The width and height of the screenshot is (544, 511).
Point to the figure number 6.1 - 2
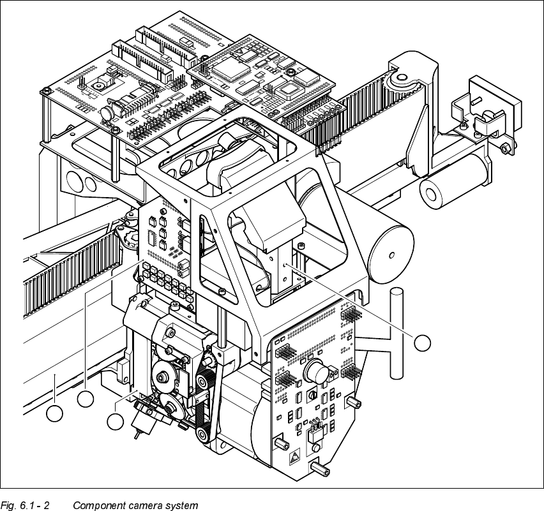(x=34, y=505)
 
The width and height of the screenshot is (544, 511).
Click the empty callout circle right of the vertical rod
(x=423, y=343)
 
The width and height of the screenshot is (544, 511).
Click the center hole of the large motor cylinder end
(x=391, y=255)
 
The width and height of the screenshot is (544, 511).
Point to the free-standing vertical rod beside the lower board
(x=397, y=333)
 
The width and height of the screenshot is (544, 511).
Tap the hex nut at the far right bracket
(x=505, y=149)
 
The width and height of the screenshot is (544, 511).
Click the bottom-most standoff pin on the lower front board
(x=321, y=470)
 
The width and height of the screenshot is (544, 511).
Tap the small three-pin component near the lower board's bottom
(x=314, y=431)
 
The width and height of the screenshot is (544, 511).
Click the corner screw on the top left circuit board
(x=46, y=91)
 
